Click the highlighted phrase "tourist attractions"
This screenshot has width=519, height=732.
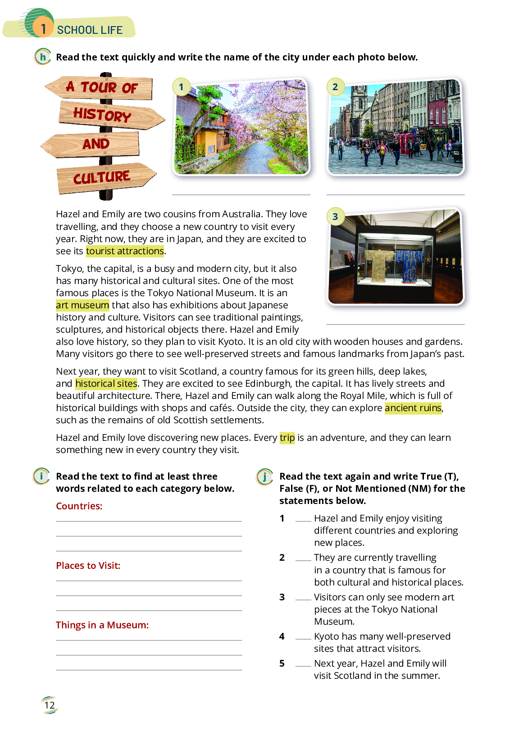tap(125, 251)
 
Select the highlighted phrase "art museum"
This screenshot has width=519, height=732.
tap(82, 305)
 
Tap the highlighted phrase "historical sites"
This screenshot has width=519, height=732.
tap(106, 384)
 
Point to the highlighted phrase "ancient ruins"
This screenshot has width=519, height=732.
tap(413, 408)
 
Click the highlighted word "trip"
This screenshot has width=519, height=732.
tap(287, 438)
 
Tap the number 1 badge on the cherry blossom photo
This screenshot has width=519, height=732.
tap(181, 87)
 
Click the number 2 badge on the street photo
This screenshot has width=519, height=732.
tap(335, 87)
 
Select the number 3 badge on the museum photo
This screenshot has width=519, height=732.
tap(335, 216)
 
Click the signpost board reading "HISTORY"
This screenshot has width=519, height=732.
tap(108, 115)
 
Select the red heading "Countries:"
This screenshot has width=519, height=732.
tap(79, 506)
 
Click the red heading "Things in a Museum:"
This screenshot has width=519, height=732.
tap(102, 625)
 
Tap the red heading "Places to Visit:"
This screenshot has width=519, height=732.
tap(88, 566)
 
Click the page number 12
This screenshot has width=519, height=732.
tap(50, 705)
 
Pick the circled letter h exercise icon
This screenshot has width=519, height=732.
tap(43, 57)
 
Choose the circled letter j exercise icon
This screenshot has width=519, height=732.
tap(265, 476)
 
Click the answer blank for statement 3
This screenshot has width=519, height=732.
tap(303, 598)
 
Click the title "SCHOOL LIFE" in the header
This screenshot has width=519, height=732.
tap(90, 30)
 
